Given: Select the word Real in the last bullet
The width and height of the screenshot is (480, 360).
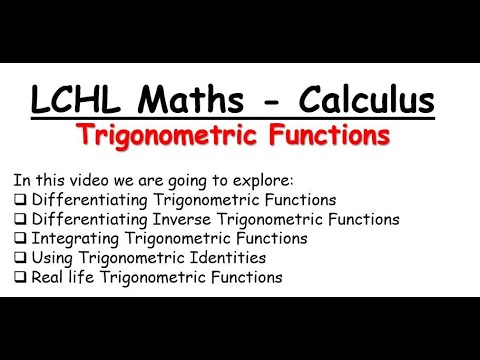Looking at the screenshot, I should pos(50,277).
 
